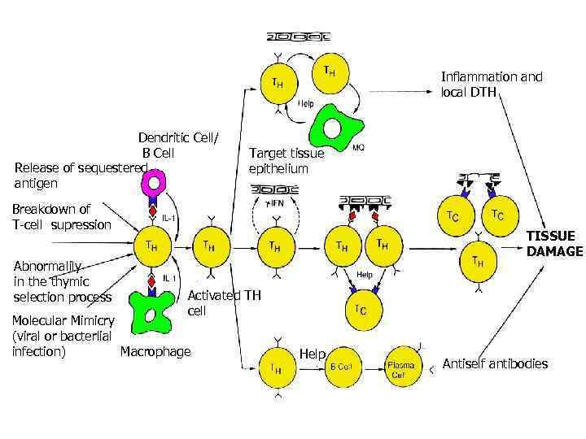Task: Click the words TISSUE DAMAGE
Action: coord(554,243)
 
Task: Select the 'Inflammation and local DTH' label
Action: coord(491,84)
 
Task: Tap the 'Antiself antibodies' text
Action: coord(494,363)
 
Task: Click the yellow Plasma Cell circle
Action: coord(400,369)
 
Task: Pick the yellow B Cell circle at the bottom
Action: coord(343,367)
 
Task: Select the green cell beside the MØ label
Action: coord(334,131)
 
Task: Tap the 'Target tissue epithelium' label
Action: coord(286,161)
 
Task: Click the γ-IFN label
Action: coord(277,201)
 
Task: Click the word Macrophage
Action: coord(155,351)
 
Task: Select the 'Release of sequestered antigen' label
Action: coord(80,175)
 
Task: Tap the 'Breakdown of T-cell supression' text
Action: coord(61,217)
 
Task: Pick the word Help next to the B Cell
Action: coord(312,354)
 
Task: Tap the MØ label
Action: coord(357,148)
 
